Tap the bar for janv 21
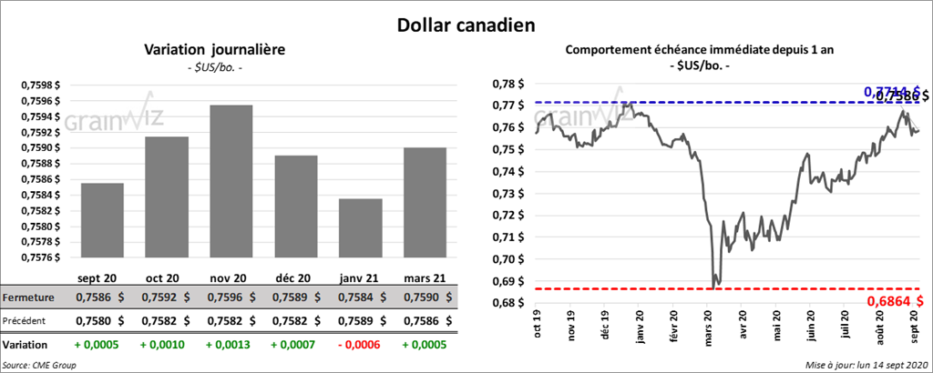click(x=360, y=228)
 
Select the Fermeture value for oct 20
click(x=166, y=297)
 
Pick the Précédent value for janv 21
click(x=360, y=321)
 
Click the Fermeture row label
click(x=28, y=297)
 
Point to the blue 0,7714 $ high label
click(x=884, y=91)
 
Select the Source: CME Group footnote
click(x=39, y=365)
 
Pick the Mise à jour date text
click(x=866, y=365)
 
